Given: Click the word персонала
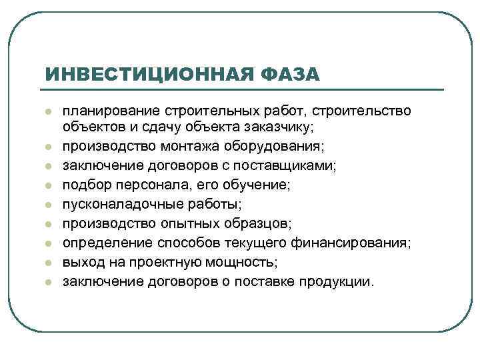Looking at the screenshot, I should point(146,179).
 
